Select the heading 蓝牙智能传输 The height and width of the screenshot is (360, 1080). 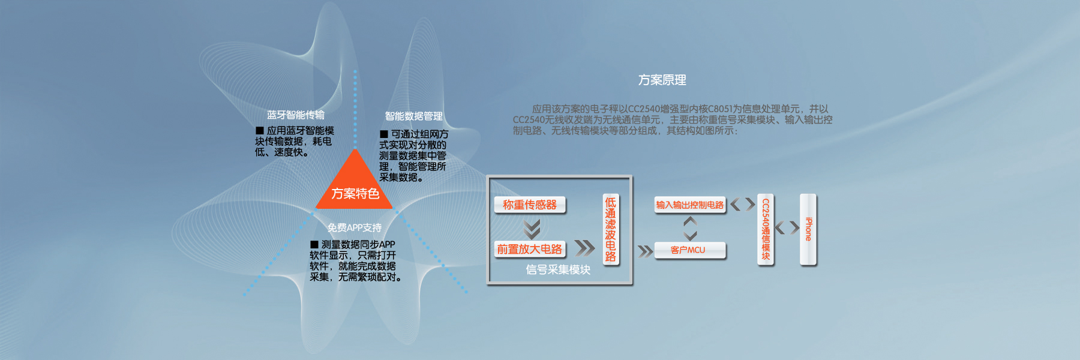pyautogui.click(x=295, y=115)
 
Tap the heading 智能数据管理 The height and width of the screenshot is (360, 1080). pyautogui.click(x=413, y=116)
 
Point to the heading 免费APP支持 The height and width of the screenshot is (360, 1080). pyautogui.click(x=354, y=227)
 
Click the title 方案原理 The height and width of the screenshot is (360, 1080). pyautogui.click(x=662, y=80)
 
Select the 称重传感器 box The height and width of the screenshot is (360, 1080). pyautogui.click(x=530, y=205)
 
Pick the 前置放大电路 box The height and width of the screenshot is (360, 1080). pyautogui.click(x=530, y=249)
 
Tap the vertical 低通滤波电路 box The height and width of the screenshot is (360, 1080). pyautogui.click(x=610, y=229)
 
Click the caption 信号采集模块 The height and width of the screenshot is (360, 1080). pyautogui.click(x=558, y=270)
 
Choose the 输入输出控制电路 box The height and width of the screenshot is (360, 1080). pyautogui.click(x=689, y=205)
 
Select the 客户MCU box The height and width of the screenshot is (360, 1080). pyautogui.click(x=689, y=250)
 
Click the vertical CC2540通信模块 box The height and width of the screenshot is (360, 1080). pyautogui.click(x=766, y=229)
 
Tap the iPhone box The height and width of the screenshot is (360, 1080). pyautogui.click(x=808, y=229)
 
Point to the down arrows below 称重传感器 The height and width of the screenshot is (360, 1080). pyautogui.click(x=532, y=228)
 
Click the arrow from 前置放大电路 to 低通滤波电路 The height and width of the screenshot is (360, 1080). pyautogui.click(x=584, y=247)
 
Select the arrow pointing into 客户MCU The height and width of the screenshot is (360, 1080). pyautogui.click(x=645, y=251)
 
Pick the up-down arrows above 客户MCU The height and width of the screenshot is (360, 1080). pyautogui.click(x=690, y=228)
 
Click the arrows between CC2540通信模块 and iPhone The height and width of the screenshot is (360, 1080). pyautogui.click(x=787, y=227)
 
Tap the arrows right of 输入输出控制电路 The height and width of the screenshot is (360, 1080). pyautogui.click(x=742, y=204)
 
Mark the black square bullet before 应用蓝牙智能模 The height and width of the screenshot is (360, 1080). pyautogui.click(x=260, y=130)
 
